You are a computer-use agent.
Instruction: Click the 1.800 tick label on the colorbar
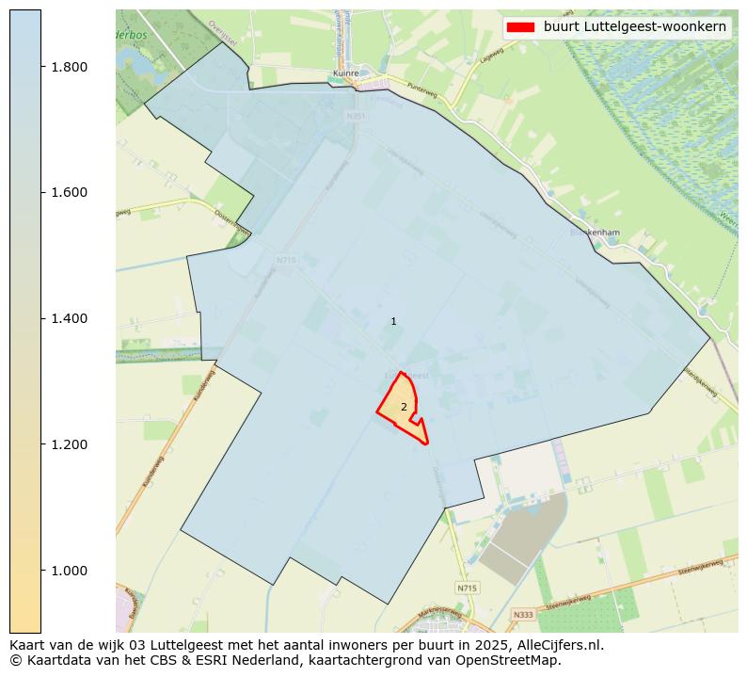69,67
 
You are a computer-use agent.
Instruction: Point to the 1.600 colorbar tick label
69,193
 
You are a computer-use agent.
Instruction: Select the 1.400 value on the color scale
69,319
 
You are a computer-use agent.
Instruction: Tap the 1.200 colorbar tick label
69,444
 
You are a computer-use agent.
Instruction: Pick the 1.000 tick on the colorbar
69,571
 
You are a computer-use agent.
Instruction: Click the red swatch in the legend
520,26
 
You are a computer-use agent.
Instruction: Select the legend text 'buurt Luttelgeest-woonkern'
635,26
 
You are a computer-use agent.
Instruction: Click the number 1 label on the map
393,322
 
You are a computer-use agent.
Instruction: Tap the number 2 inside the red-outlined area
404,408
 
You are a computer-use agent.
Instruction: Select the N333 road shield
522,615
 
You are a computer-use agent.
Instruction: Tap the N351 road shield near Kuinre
355,116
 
